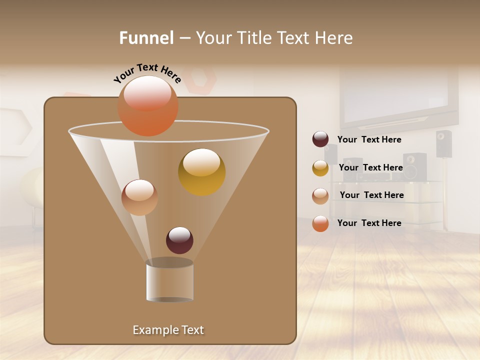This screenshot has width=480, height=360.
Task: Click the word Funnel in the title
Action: pyautogui.click(x=146, y=38)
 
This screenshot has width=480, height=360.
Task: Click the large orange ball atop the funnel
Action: pyautogui.click(x=148, y=105)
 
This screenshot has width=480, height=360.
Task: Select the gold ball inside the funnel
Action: pyautogui.click(x=201, y=172)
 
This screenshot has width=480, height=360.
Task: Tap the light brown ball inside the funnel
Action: pyautogui.click(x=139, y=197)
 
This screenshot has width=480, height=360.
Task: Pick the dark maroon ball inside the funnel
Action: pyautogui.click(x=179, y=240)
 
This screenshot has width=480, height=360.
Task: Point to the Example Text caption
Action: pyautogui.click(x=168, y=330)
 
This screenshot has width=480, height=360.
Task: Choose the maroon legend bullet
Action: pyautogui.click(x=320, y=139)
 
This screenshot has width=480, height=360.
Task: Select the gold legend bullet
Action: pyautogui.click(x=320, y=168)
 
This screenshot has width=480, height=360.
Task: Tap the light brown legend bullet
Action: pyautogui.click(x=320, y=195)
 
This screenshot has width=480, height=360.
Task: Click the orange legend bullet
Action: pyautogui.click(x=320, y=223)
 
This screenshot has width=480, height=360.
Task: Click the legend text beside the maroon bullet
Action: pyautogui.click(x=369, y=140)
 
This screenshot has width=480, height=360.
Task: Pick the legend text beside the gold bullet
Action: pyautogui.click(x=371, y=167)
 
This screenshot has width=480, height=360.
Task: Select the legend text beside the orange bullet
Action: pyautogui.click(x=369, y=223)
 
